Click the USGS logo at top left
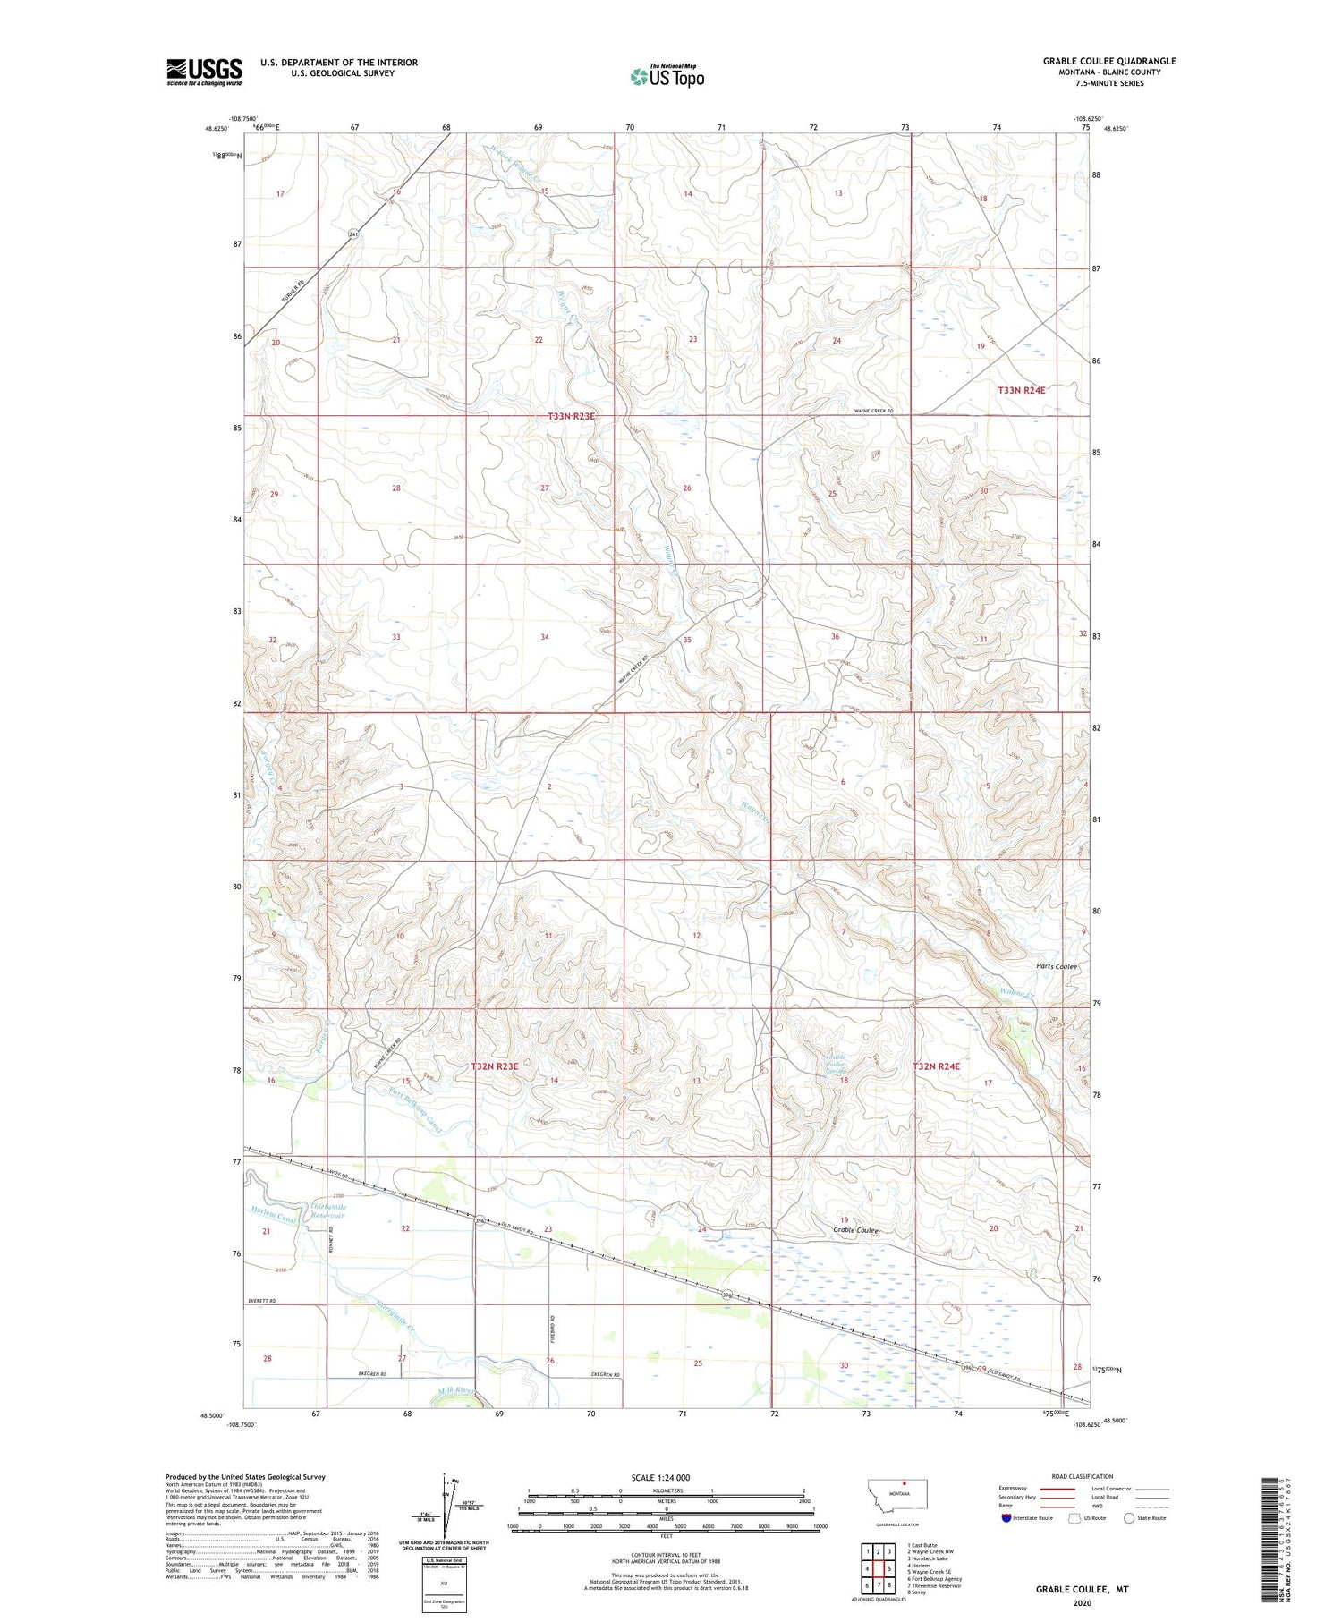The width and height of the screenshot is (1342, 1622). [204, 72]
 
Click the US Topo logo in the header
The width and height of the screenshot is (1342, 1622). [667, 77]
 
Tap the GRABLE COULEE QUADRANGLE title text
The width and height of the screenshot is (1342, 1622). [1108, 61]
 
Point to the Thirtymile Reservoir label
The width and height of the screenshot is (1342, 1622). [327, 1210]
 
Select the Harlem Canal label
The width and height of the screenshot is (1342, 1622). [274, 1218]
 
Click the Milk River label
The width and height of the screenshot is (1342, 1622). [457, 1391]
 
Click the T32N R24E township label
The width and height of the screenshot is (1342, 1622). [936, 1066]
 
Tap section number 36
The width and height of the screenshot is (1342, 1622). [835, 637]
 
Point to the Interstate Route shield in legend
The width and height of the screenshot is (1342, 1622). [1008, 1518]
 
